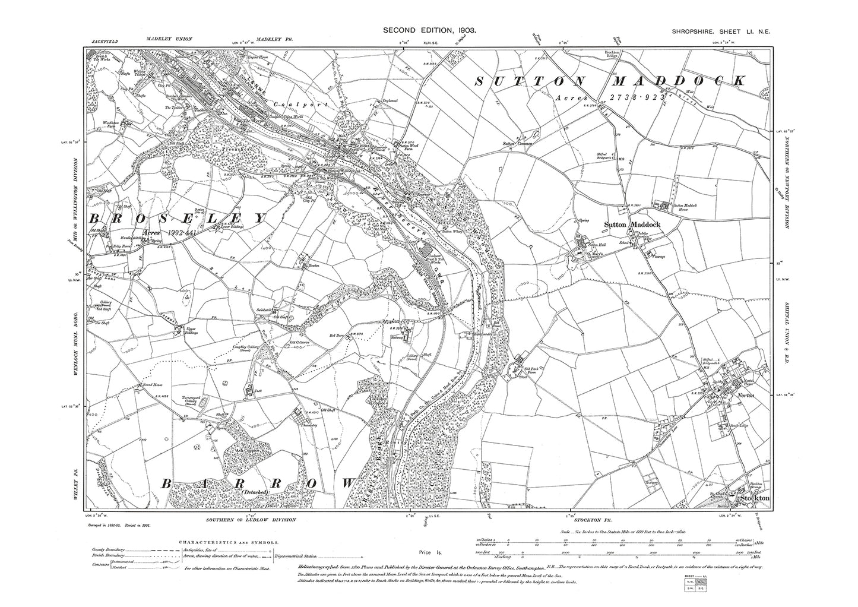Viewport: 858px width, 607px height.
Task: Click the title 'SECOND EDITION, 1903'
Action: [429, 30]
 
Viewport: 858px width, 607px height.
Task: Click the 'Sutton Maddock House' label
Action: [686, 208]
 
